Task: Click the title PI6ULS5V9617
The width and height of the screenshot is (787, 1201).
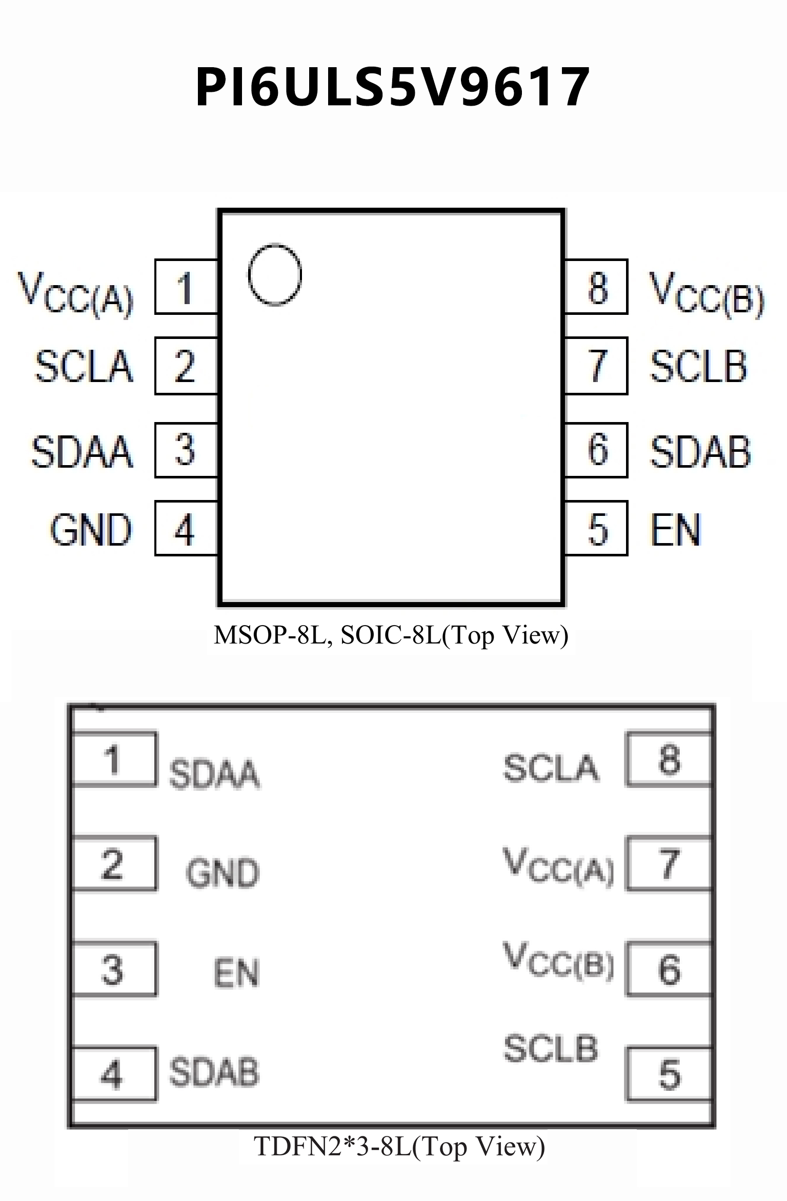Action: tap(393, 87)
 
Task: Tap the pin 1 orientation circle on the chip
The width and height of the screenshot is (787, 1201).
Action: tap(275, 275)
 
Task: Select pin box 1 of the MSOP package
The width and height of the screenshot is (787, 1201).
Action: tap(186, 287)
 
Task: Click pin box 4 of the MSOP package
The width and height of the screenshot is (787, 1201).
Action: tap(186, 528)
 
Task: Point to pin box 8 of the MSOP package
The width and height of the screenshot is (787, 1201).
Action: tap(596, 287)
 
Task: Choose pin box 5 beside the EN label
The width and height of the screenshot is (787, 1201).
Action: tap(596, 528)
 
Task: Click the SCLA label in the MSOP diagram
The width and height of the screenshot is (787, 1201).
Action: tap(84, 366)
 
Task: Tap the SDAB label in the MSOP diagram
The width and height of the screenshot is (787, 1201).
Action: tap(700, 452)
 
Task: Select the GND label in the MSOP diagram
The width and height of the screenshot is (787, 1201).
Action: tap(91, 530)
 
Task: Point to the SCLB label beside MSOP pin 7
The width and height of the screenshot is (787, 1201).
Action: tap(698, 366)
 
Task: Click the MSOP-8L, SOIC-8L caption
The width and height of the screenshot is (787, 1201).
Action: tap(391, 635)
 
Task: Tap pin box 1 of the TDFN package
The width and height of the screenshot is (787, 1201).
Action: tap(114, 759)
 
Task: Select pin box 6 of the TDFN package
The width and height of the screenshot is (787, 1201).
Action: tap(669, 969)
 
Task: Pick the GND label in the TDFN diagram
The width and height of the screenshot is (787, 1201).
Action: tap(223, 872)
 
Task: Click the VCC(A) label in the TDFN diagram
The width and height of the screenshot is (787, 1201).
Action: tap(559, 866)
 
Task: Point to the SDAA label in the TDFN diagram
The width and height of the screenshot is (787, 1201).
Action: tap(214, 773)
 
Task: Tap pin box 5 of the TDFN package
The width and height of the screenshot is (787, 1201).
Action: tap(669, 1074)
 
